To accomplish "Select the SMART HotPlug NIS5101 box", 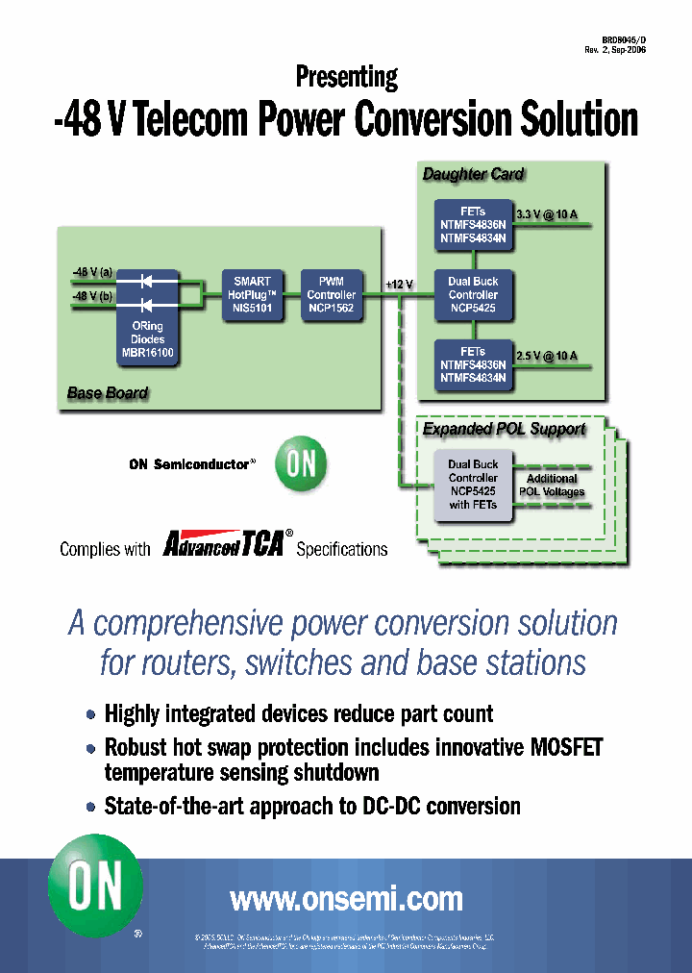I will (x=253, y=295).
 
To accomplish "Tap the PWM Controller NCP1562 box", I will (x=331, y=295).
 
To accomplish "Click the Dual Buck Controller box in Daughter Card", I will (x=473, y=295).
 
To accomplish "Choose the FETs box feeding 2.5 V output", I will (x=473, y=365).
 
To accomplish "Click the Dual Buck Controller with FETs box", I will (x=473, y=485).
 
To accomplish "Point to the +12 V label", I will (x=399, y=285).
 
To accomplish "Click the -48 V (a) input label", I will (x=92, y=273).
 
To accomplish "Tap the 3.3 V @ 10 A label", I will (x=547, y=214).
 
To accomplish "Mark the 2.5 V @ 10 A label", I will (x=547, y=357).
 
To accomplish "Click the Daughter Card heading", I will (x=474, y=174).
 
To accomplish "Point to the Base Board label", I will (x=108, y=392).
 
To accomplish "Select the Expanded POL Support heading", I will (x=505, y=429).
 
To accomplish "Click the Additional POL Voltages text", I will (x=552, y=485).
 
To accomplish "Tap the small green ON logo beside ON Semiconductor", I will (x=301, y=464).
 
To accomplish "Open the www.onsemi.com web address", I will (x=346, y=899).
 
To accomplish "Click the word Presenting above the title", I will (x=346, y=77).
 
